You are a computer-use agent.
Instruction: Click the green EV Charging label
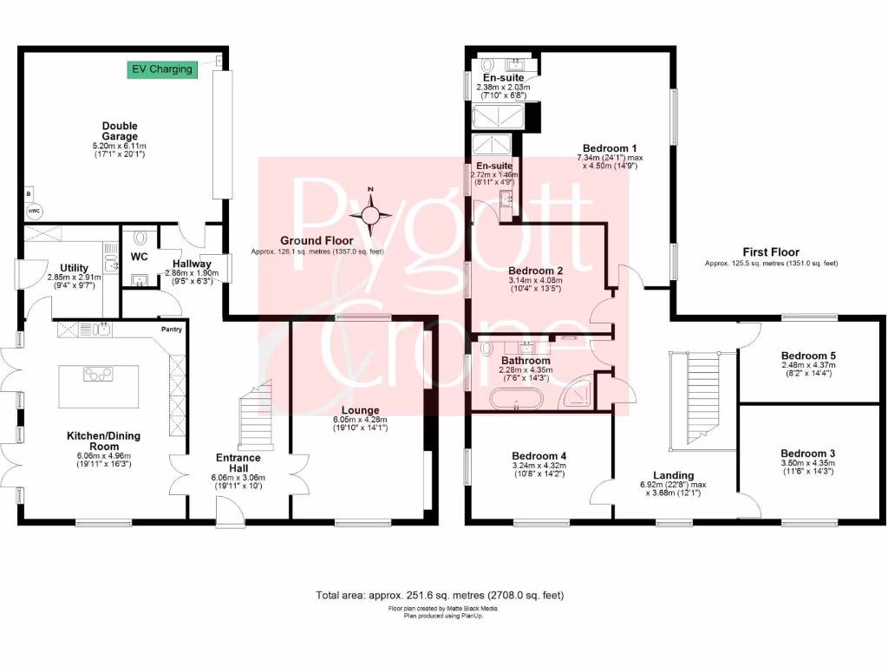click(161, 69)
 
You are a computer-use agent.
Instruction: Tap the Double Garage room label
click(120, 131)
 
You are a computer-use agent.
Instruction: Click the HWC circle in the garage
click(34, 212)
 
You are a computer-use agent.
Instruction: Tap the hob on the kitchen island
click(98, 375)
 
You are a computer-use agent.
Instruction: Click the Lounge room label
click(359, 410)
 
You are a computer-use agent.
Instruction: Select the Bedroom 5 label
click(808, 356)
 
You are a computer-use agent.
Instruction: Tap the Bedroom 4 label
click(539, 456)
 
